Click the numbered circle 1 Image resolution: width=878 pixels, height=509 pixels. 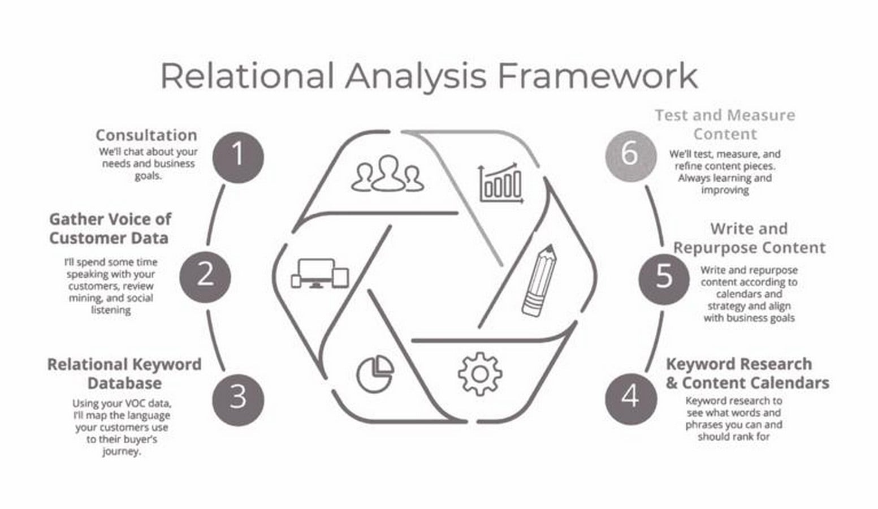click(x=239, y=157)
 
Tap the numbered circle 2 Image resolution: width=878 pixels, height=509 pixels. click(x=205, y=277)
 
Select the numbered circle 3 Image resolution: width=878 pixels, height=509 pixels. click(x=239, y=400)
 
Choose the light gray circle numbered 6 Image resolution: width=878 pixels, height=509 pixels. click(x=631, y=156)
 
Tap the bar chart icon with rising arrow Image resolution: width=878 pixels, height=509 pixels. click(x=501, y=183)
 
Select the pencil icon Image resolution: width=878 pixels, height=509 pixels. click(x=539, y=281)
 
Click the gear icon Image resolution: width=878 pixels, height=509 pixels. click(x=480, y=374)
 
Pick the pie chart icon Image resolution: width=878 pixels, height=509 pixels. click(x=375, y=374)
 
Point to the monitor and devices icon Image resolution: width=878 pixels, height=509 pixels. click(x=320, y=274)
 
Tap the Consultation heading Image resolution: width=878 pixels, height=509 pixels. click(x=146, y=135)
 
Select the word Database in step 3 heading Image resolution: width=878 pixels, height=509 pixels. click(x=124, y=383)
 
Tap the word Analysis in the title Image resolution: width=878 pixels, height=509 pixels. click(x=416, y=76)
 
